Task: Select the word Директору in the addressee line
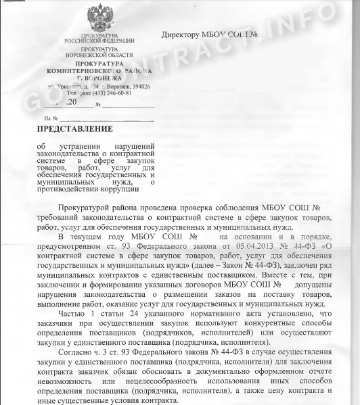click(184, 34)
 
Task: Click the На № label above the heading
click(30, 118)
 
